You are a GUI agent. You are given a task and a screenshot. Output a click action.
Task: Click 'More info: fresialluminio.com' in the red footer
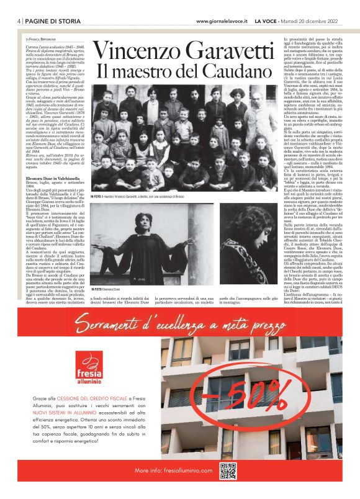pos(169,472)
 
